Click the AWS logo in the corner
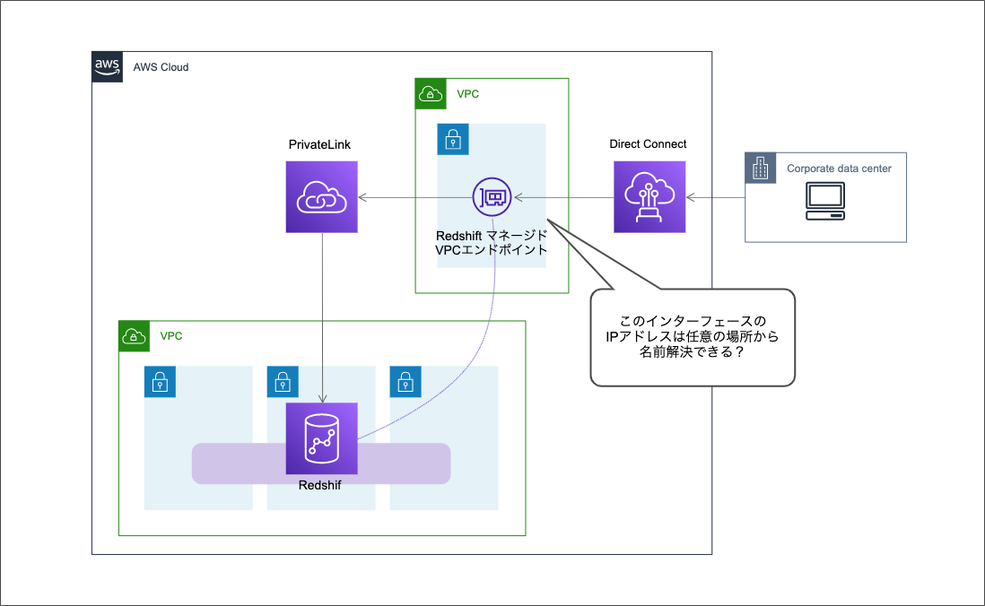[107, 66]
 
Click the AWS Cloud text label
[161, 67]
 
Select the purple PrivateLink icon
[322, 197]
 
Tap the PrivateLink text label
[321, 144]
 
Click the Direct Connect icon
[649, 197]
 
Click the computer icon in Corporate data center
[824, 202]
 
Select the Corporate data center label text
[839, 169]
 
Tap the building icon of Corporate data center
[761, 168]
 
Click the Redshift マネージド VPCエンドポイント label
[491, 243]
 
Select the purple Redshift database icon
[321, 438]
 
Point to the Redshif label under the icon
[320, 485]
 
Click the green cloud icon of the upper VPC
[431, 93]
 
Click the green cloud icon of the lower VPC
[134, 336]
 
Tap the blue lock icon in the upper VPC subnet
[453, 139]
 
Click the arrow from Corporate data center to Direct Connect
[716, 197]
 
